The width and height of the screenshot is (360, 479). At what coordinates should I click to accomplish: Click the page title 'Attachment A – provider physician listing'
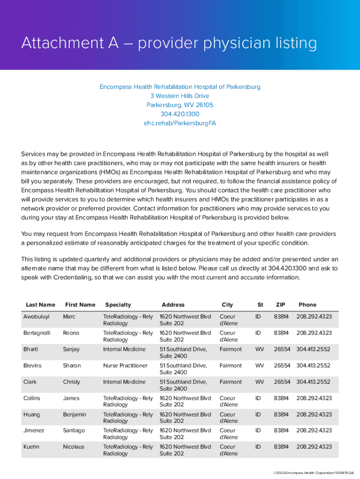click(169, 44)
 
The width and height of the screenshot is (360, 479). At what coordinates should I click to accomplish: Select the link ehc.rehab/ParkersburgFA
click(180, 123)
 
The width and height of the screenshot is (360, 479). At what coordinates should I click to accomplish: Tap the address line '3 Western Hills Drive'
click(180, 96)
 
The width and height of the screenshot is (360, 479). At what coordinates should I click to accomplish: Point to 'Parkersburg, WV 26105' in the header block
click(180, 105)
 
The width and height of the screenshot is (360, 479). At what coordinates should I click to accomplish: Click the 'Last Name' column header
click(40, 305)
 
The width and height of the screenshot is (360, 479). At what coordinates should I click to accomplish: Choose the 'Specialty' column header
click(118, 305)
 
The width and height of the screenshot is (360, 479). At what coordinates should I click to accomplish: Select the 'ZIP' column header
click(280, 305)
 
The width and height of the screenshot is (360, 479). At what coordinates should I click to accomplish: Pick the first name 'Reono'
click(71, 333)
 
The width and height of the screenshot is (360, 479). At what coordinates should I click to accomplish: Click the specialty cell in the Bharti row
click(124, 349)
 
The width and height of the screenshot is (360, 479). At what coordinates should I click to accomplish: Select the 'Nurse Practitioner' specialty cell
click(125, 366)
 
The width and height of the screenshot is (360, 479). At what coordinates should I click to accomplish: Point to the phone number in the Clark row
click(313, 382)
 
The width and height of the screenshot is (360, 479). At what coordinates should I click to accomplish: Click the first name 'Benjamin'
click(74, 414)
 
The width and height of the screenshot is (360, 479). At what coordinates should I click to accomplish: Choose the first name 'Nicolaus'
click(73, 447)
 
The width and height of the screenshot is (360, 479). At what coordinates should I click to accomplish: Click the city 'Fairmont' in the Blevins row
click(230, 366)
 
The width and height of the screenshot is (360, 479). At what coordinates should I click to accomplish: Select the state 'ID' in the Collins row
click(258, 398)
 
